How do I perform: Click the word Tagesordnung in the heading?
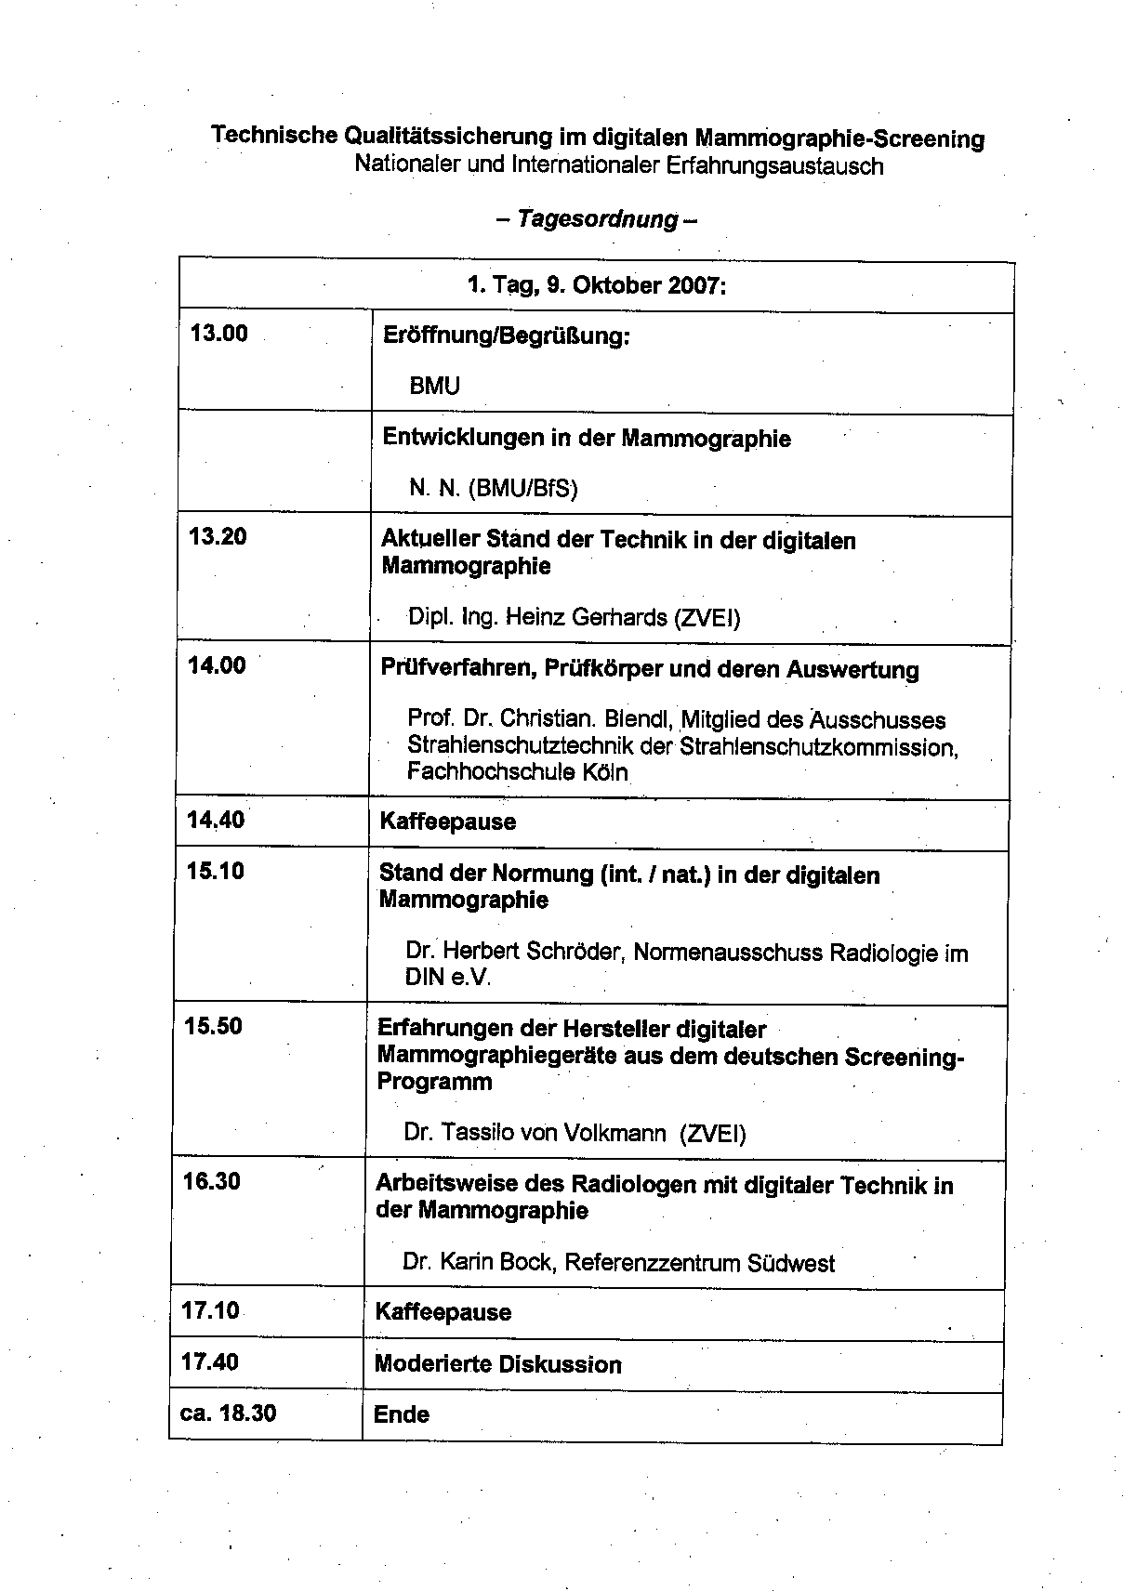pos(598,219)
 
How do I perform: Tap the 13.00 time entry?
pos(219,334)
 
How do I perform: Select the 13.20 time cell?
pos(218,536)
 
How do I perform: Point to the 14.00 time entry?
pos(217,665)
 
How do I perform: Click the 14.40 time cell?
pos(216,820)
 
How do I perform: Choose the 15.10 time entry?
pos(215,872)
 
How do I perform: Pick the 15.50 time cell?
pos(214,1026)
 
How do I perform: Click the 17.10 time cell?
pos(211,1310)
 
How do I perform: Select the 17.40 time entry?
pos(210,1362)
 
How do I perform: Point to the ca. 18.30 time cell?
pos(228,1413)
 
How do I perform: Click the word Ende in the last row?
pos(402,1414)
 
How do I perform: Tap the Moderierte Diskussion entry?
pos(497,1364)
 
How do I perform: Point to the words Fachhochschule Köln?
pos(517,772)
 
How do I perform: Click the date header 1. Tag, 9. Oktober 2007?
pos(596,284)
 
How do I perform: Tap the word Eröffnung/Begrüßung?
pos(506,335)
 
